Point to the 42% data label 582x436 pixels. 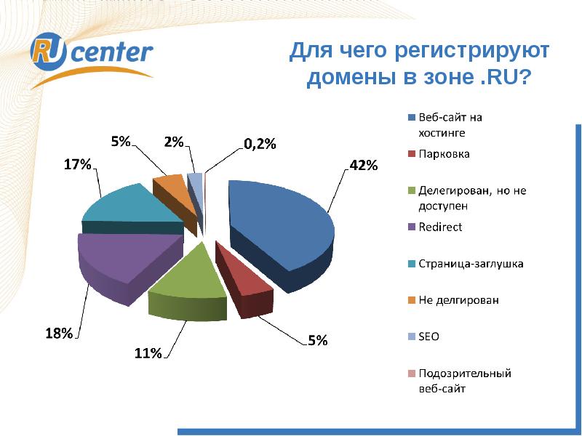(x=363, y=166)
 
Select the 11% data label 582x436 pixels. (x=147, y=354)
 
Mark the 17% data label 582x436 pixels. (x=77, y=165)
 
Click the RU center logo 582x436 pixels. (x=92, y=55)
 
